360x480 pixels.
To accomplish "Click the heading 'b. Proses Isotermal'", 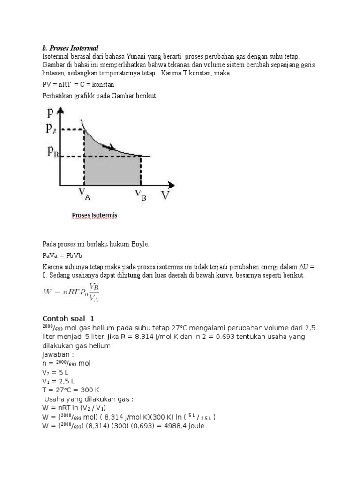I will coord(70,48).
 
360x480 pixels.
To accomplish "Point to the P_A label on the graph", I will coord(52,129).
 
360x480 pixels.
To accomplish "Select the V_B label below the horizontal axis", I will coord(140,195).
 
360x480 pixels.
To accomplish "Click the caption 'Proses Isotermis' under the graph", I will coord(94,216).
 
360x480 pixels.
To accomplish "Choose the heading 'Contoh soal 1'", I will coord(68,318).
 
